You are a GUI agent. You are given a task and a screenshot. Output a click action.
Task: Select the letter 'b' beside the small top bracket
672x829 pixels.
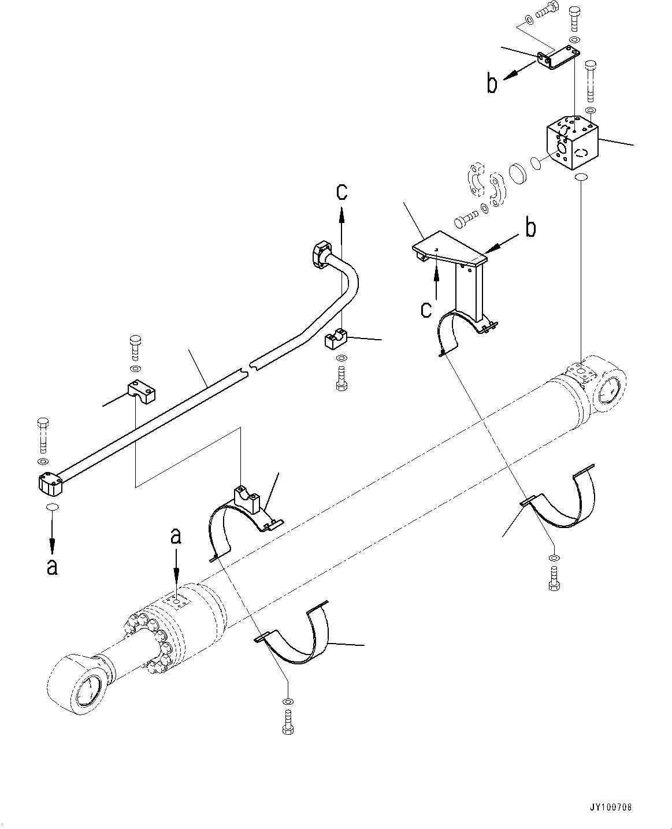click(x=492, y=84)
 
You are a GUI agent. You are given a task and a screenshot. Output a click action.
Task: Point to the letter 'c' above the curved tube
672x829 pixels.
click(x=342, y=192)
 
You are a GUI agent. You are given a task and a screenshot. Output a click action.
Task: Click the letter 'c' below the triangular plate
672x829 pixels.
click(x=426, y=310)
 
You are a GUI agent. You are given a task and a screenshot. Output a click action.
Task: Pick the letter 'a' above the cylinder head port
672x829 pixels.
click(x=176, y=537)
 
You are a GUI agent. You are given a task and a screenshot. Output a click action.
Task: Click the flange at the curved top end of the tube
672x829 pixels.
click(x=322, y=252)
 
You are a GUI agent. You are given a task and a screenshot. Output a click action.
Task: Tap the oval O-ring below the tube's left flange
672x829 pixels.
click(x=52, y=507)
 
